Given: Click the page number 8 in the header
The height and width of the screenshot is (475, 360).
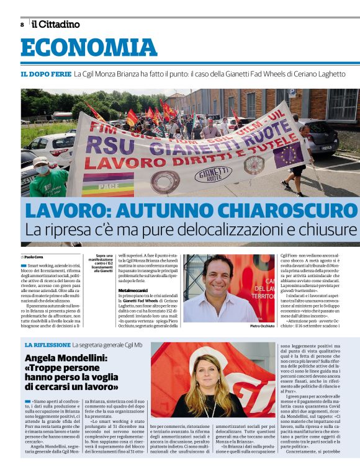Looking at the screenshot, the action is pyautogui.click(x=22, y=25).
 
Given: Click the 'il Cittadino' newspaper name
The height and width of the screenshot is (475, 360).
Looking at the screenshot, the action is pyautogui.click(x=56, y=24).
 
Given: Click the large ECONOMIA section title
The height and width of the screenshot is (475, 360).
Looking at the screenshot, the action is pyautogui.click(x=89, y=48).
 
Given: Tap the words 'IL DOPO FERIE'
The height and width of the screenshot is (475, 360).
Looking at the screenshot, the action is pyautogui.click(x=45, y=74).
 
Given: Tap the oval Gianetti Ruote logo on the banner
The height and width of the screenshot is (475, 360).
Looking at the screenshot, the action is pyautogui.click(x=213, y=175).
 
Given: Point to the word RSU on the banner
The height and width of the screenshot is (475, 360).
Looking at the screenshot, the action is pyautogui.click(x=101, y=144).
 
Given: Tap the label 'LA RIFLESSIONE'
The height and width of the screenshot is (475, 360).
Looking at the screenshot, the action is pyautogui.click(x=48, y=345).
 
